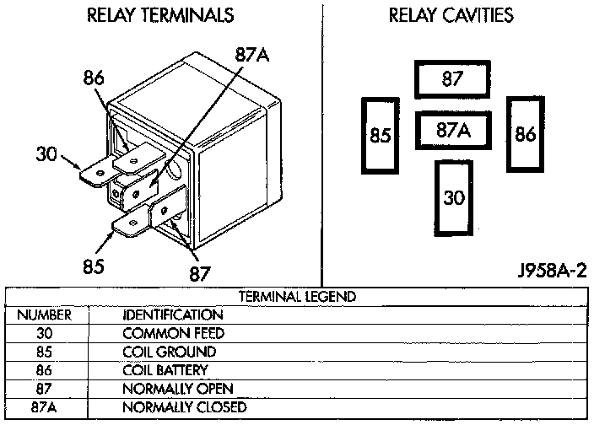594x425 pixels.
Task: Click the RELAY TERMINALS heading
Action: tap(160, 15)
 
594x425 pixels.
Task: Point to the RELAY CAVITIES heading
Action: tap(451, 15)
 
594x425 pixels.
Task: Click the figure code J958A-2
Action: tap(552, 270)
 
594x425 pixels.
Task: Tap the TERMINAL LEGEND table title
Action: tap(297, 296)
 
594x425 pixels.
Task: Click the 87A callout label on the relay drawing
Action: tap(252, 55)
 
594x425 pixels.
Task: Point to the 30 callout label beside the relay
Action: tap(46, 154)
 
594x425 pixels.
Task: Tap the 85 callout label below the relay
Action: tap(94, 266)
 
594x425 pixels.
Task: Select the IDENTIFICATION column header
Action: tap(173, 315)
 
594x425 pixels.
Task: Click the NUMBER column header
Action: tap(45, 315)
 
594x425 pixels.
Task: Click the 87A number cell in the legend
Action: tap(44, 407)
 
